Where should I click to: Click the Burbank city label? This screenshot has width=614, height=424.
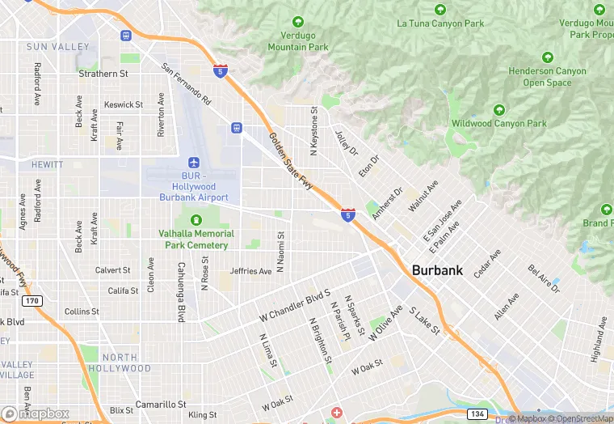pyautogui.click(x=437, y=270)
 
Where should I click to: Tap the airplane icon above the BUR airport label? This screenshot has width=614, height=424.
pyautogui.click(x=193, y=163)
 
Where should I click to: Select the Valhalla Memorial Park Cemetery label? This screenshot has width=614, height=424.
pyautogui.click(x=196, y=239)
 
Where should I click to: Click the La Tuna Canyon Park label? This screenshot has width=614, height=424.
pyautogui.click(x=440, y=23)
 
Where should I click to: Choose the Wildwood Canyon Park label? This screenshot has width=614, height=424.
pyautogui.click(x=499, y=124)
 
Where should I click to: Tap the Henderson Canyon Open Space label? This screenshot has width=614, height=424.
pyautogui.click(x=547, y=77)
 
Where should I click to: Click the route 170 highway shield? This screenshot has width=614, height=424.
pyautogui.click(x=32, y=301)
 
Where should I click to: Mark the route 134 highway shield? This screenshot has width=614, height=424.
pyautogui.click(x=477, y=414)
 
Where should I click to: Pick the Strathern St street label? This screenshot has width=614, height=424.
pyautogui.click(x=103, y=74)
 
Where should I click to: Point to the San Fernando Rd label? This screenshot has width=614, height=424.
pyautogui.click(x=186, y=84)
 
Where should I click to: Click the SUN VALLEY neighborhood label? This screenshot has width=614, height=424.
pyautogui.click(x=57, y=47)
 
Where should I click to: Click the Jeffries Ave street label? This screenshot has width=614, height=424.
pyautogui.click(x=250, y=271)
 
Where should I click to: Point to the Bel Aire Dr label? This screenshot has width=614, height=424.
pyautogui.click(x=544, y=278)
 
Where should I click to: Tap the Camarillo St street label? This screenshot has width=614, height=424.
pyautogui.click(x=161, y=404)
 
